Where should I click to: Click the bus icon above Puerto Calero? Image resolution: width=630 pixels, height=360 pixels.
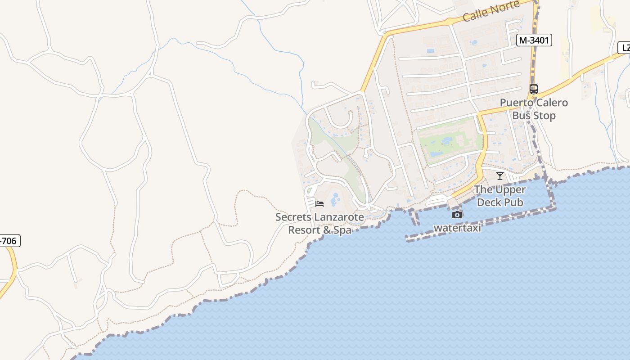534,89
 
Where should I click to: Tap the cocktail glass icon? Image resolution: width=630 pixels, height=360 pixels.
499,176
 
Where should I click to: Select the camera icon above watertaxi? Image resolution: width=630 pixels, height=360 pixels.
457,215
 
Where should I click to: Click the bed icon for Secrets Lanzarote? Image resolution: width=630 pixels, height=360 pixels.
319,204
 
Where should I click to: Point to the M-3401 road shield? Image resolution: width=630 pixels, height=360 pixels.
534,40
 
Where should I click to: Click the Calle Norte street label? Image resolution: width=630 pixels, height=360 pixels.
491,11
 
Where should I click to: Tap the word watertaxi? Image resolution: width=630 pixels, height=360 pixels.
457,228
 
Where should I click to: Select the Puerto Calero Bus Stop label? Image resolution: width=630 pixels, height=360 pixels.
534,109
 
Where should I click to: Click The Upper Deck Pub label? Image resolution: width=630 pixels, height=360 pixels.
500,196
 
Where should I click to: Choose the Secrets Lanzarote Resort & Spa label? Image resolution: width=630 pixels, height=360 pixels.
319,224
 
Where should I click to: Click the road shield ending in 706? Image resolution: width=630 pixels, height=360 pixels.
9,241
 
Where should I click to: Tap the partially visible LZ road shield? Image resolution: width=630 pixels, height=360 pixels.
625,48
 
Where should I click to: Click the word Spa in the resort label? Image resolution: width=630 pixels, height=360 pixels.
342,230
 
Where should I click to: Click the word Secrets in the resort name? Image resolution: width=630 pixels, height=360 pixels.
293,217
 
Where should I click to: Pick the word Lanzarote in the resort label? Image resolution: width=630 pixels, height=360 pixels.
339,217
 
